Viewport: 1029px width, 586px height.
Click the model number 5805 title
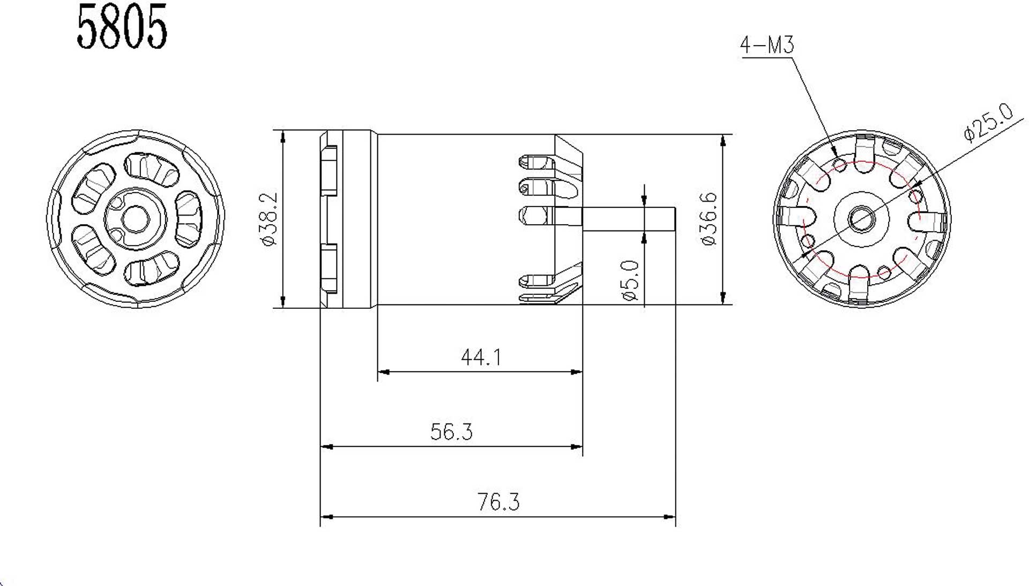point(122,28)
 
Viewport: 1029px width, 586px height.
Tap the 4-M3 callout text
point(766,45)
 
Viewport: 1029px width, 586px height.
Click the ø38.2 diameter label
point(269,219)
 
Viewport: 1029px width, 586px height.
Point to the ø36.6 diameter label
point(709,219)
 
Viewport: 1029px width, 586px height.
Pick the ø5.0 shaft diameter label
point(631,281)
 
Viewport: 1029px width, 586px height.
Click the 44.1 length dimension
point(481,357)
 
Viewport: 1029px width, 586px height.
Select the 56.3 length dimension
point(451,432)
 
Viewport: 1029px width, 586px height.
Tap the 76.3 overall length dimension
point(498,502)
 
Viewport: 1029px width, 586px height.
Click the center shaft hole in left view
point(135,219)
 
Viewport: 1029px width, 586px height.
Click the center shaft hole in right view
point(861,219)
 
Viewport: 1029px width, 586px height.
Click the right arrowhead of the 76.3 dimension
point(670,517)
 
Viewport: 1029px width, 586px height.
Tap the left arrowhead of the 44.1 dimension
point(383,372)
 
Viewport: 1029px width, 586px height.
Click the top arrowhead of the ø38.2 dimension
point(283,136)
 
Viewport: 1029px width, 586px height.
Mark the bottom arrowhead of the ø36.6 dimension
point(723,299)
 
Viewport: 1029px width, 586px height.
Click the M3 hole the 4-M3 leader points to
point(841,163)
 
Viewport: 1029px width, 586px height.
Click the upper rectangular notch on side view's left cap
point(329,170)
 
